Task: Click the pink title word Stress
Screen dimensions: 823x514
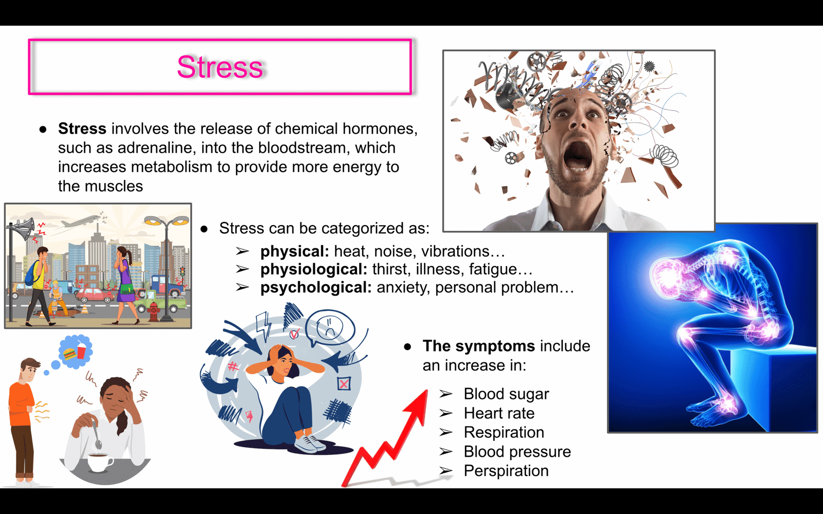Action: click(220, 67)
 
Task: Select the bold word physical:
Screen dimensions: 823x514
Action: click(295, 252)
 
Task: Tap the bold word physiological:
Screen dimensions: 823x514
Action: click(314, 270)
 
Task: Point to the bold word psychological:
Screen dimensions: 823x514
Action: click(316, 288)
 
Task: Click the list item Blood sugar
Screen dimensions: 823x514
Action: click(506, 394)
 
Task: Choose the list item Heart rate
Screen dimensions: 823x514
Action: click(499, 413)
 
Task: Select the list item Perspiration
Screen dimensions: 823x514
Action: click(506, 471)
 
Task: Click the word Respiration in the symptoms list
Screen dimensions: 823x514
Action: click(504, 433)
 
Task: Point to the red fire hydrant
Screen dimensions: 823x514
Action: click(154, 311)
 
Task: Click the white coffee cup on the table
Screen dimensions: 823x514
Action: click(100, 463)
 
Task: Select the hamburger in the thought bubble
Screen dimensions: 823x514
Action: click(69, 354)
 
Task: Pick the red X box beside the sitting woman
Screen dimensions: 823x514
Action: click(344, 384)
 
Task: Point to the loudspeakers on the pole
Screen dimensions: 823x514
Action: click(23, 228)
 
